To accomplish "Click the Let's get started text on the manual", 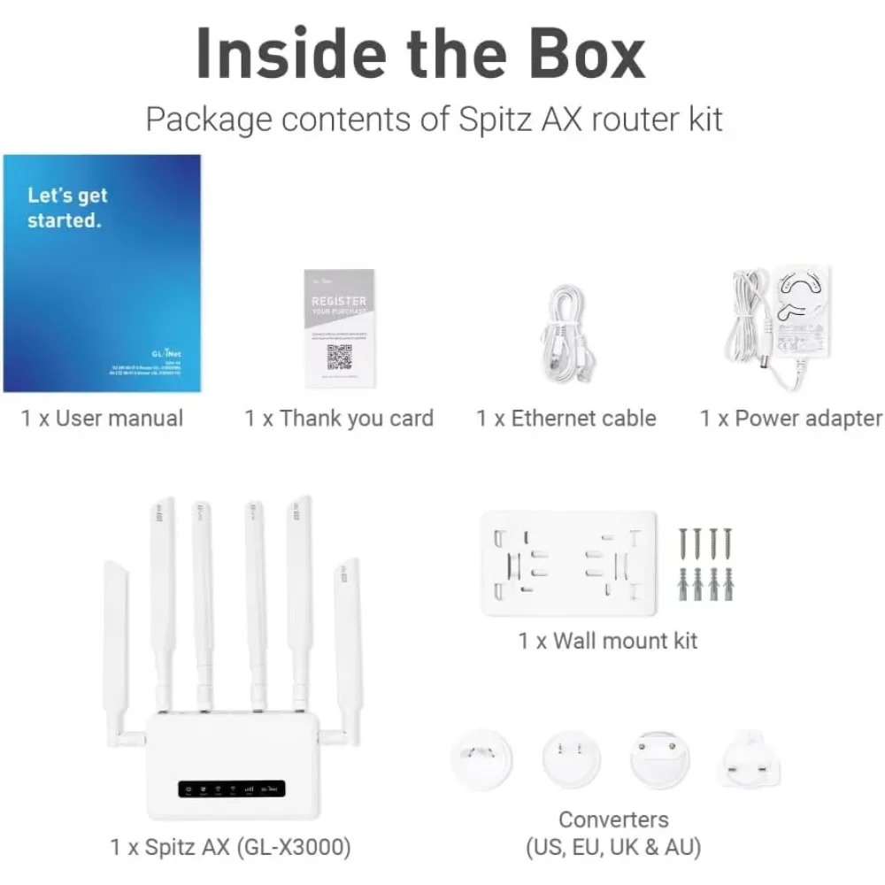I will pyautogui.click(x=66, y=208).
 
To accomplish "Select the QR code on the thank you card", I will pyautogui.click(x=340, y=357).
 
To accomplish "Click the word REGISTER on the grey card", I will pyautogui.click(x=338, y=301).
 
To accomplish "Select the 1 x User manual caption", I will pyautogui.click(x=102, y=419).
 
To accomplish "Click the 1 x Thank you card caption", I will pyautogui.click(x=339, y=419).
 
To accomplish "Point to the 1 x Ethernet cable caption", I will pyautogui.click(x=566, y=419).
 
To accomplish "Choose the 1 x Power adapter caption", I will pyautogui.click(x=790, y=419).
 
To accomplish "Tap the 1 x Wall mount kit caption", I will pyautogui.click(x=607, y=640).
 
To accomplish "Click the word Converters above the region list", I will pyautogui.click(x=613, y=820).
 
